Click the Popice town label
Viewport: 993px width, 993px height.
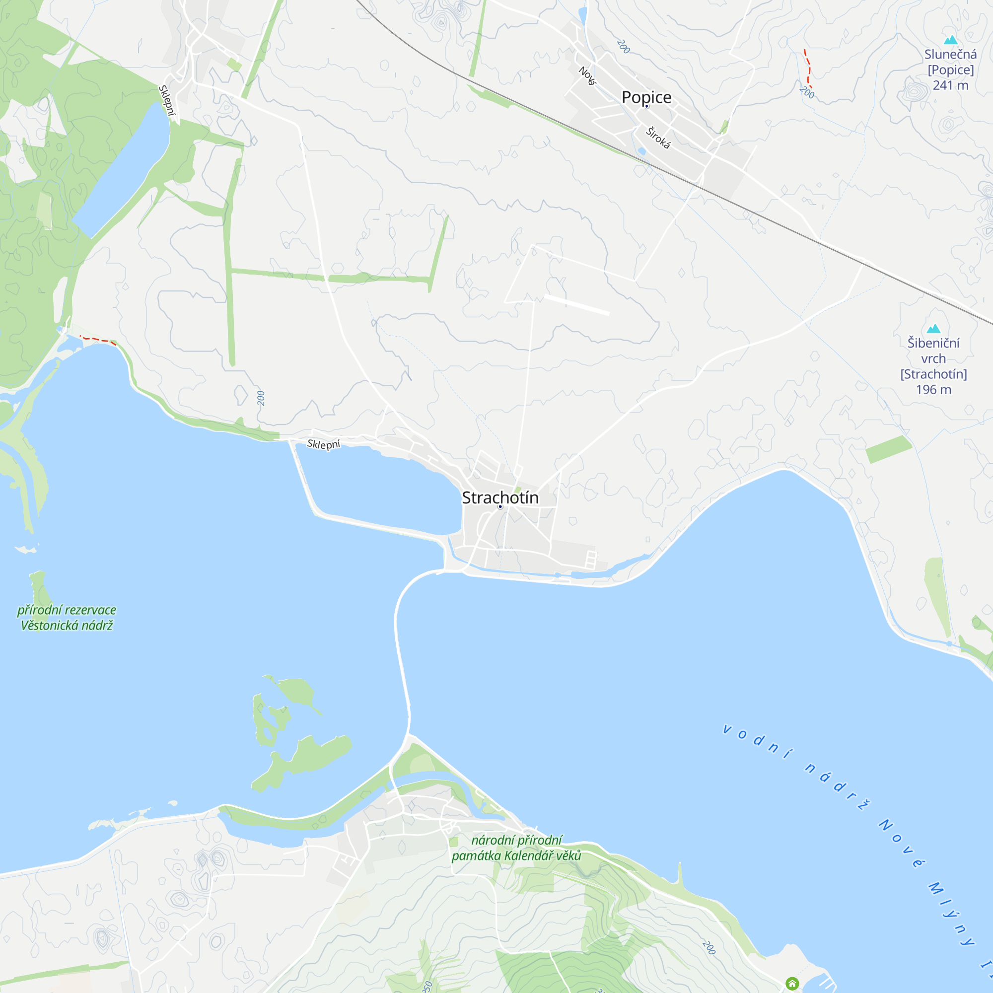[646, 97]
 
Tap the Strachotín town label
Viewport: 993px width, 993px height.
[500, 497]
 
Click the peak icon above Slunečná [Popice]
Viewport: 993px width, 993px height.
[950, 40]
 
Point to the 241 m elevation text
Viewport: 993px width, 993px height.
[950, 85]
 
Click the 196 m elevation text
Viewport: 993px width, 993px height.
[933, 390]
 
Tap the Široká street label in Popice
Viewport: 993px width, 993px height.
[658, 138]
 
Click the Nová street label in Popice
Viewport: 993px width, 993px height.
[587, 75]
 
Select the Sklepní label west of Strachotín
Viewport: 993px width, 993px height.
[323, 444]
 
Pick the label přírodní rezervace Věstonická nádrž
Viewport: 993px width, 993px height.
[67, 617]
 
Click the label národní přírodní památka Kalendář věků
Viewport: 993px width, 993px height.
[516, 848]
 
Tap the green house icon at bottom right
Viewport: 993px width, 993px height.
[792, 983]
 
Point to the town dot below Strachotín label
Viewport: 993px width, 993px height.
[500, 507]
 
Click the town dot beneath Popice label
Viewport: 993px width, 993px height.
[646, 106]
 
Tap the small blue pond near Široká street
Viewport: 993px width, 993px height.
[641, 151]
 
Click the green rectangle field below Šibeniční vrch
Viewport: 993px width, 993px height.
[888, 449]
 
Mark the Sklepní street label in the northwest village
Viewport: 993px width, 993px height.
[167, 100]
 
